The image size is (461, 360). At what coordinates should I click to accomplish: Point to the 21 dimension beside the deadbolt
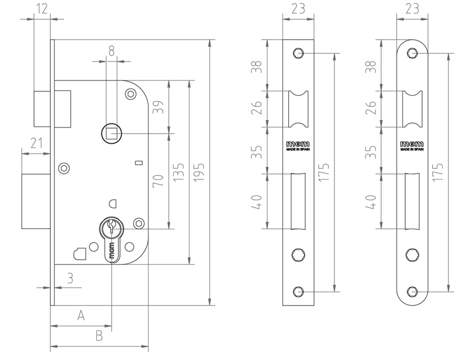[36, 143]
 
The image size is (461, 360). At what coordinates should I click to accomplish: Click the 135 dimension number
[178, 173]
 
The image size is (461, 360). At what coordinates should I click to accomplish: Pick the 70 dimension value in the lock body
[158, 181]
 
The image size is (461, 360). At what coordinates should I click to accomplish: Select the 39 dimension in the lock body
[158, 107]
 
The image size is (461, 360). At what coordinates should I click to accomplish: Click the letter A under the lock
[80, 316]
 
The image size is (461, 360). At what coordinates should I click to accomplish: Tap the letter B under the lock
[99, 336]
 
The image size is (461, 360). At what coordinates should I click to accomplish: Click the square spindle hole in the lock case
[111, 134]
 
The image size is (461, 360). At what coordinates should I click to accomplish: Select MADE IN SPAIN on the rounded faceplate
[412, 150]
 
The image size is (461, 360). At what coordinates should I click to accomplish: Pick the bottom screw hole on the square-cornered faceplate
[298, 291]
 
